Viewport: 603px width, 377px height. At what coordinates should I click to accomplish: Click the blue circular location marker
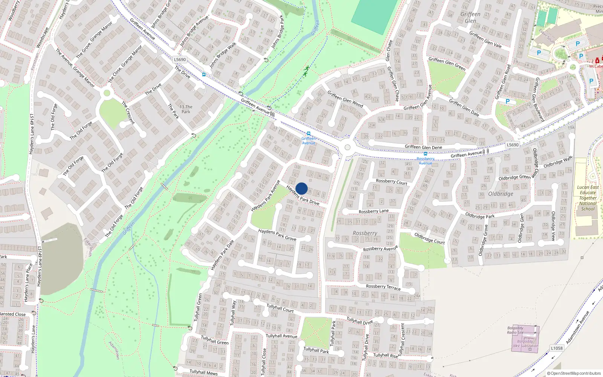click(x=301, y=188)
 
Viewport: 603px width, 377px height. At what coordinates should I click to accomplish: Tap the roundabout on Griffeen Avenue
click(x=347, y=147)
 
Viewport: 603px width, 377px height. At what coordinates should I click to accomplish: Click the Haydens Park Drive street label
click(x=303, y=195)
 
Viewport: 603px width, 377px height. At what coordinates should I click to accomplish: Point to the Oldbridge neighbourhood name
click(x=500, y=194)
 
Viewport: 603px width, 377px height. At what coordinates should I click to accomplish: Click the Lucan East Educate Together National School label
click(x=588, y=198)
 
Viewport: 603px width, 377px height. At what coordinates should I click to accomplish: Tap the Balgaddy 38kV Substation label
click(x=525, y=343)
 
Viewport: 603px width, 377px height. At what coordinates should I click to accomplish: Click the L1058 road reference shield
click(x=557, y=348)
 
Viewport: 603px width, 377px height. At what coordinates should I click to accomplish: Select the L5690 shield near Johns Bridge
click(x=180, y=60)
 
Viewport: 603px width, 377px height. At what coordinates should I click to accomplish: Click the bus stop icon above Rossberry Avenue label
click(x=425, y=154)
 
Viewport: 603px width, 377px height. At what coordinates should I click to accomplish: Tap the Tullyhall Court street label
click(x=280, y=308)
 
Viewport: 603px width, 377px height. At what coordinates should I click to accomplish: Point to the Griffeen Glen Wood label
click(x=345, y=99)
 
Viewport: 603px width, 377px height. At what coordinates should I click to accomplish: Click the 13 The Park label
click(x=186, y=109)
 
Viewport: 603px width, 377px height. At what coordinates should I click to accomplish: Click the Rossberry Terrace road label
click(x=383, y=287)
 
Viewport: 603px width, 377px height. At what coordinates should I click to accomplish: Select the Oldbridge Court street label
click(x=430, y=238)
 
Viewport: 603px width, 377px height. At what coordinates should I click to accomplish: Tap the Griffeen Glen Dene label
click(x=423, y=147)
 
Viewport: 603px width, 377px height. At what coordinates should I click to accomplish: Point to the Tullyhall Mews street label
click(x=204, y=372)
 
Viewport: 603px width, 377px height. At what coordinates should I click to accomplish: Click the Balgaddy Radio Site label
click(x=515, y=330)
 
